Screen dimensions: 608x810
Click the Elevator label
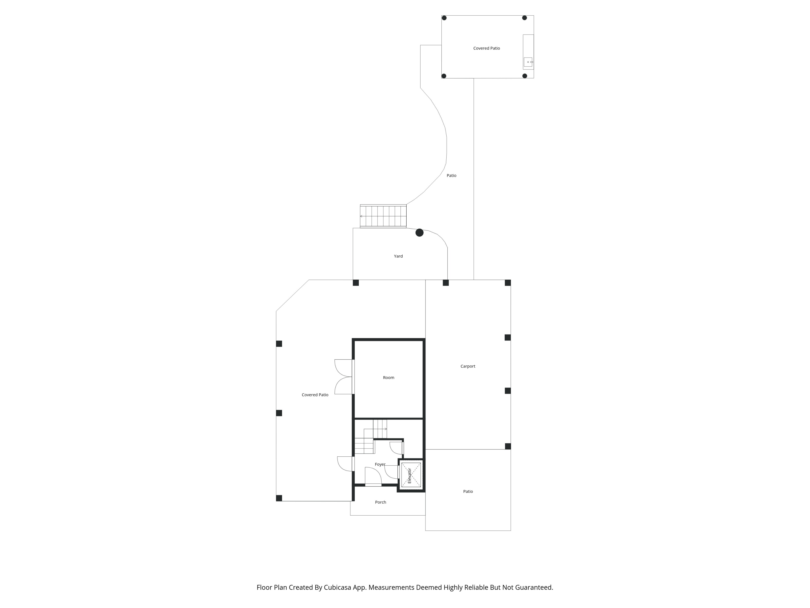point(409,476)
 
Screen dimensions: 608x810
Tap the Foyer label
point(380,464)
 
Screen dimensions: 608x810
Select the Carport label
point(468,366)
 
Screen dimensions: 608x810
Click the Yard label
point(398,256)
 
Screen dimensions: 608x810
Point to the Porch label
point(380,502)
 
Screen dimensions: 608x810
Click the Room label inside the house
point(389,378)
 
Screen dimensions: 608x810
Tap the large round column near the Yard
point(419,233)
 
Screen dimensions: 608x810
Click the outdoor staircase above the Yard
point(383,216)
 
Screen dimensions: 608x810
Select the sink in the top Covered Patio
point(528,62)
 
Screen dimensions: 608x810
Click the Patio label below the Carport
point(468,492)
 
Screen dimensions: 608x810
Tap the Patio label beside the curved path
point(451,176)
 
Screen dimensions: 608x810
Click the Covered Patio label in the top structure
point(486,48)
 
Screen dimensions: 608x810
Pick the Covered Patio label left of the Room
point(315,395)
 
